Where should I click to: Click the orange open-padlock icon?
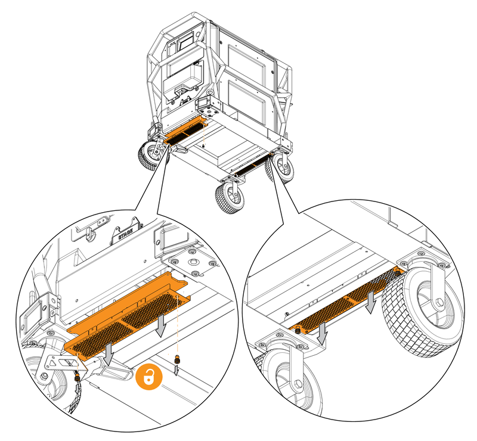[x=148, y=377]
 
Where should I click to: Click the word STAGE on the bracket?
[x=125, y=234]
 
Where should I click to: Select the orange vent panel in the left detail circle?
[x=128, y=313]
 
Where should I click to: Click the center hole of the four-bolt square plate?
[x=193, y=261]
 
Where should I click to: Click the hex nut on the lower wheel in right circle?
[x=298, y=384]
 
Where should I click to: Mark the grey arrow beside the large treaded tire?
[x=370, y=302]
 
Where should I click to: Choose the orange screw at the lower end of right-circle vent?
[x=298, y=330]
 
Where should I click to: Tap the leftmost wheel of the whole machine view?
[x=150, y=155]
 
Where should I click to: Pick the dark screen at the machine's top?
[x=185, y=41]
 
